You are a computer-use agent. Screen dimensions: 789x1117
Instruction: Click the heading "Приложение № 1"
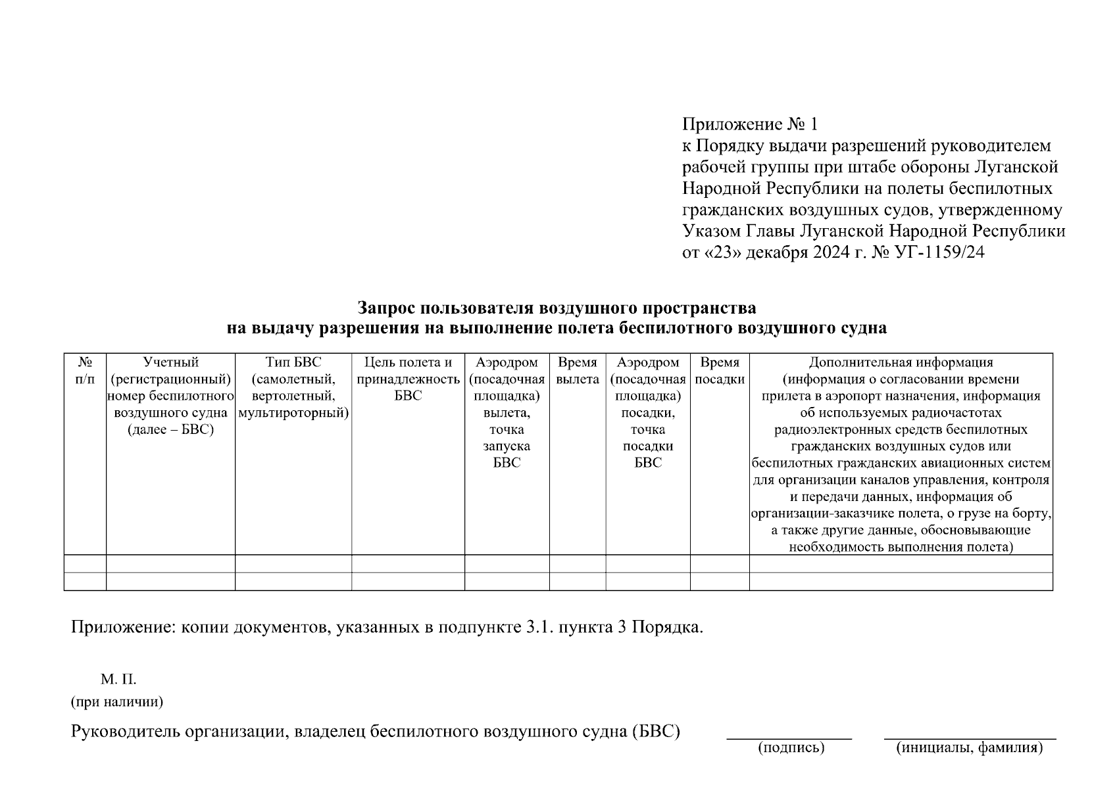click(x=750, y=124)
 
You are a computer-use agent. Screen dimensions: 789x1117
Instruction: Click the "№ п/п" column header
click(x=85, y=371)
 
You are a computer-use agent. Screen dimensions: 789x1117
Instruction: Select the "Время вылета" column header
click(x=578, y=371)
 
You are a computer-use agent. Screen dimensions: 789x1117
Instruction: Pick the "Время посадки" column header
click(x=720, y=371)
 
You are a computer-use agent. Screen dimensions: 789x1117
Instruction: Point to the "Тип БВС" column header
click(x=293, y=362)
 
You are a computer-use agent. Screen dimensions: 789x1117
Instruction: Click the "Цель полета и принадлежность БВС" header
click(x=408, y=379)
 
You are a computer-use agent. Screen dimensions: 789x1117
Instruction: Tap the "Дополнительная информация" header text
click(x=901, y=362)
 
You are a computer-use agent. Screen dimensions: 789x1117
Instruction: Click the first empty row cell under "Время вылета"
click(x=578, y=563)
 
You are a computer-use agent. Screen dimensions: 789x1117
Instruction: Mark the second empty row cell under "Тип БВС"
click(x=293, y=581)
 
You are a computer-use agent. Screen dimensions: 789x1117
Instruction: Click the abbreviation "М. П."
click(x=118, y=679)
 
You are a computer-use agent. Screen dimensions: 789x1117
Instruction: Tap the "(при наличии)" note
click(x=117, y=702)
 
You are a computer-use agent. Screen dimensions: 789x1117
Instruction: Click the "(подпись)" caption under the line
click(x=791, y=748)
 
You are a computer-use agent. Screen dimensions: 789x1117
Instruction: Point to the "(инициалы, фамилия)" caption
click(x=970, y=748)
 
